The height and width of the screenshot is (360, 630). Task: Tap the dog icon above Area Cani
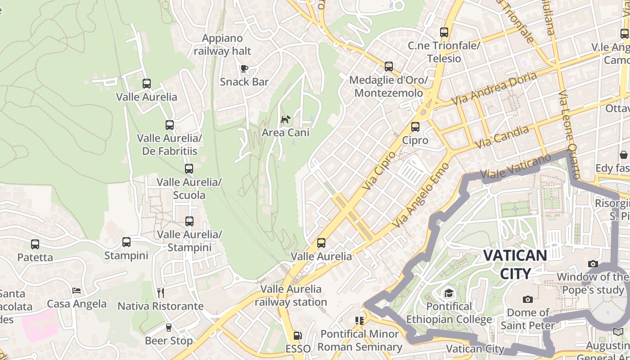285,119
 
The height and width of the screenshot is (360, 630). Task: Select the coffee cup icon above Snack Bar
244,68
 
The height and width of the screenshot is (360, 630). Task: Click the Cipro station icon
415,127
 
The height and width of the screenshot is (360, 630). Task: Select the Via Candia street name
502,137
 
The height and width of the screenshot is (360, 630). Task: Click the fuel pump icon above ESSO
297,335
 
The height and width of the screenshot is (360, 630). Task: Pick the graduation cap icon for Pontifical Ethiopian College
449,293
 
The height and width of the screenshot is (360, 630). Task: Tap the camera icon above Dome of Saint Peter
527,299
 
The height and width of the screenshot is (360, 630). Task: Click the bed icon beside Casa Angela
76,291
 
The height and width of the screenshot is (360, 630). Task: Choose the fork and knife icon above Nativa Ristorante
161,293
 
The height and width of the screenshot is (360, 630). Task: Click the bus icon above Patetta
35,244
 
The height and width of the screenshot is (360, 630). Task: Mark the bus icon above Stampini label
126,242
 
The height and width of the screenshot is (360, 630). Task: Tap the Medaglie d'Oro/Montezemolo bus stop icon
388,67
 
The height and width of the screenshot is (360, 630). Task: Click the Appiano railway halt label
222,45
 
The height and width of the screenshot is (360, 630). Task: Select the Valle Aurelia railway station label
291,295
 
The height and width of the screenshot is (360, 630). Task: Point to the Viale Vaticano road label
515,166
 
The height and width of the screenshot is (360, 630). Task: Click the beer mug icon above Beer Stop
169,327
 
